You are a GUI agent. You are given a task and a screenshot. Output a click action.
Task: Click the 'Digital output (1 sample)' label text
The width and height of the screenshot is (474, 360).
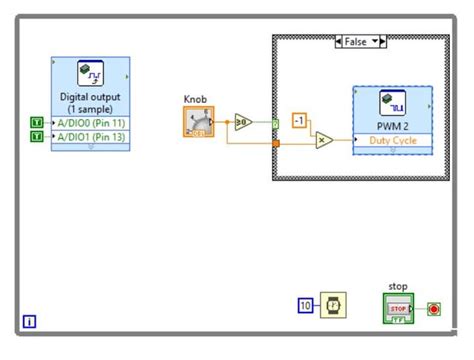pyautogui.click(x=90, y=104)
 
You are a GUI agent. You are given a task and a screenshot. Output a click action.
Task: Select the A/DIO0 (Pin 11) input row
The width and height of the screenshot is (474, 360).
pyautogui.click(x=90, y=122)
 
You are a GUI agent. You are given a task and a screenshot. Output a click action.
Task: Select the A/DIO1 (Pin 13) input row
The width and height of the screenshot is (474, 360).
pyautogui.click(x=90, y=137)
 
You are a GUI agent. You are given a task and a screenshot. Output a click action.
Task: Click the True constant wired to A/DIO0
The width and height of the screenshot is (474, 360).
pyautogui.click(x=37, y=122)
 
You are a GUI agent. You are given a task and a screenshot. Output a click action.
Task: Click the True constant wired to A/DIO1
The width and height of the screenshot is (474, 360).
pyautogui.click(x=37, y=137)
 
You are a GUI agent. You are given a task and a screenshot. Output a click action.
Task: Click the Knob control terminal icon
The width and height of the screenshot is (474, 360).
pyautogui.click(x=198, y=122)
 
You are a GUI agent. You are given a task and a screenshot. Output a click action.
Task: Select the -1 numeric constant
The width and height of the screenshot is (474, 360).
pyautogui.click(x=298, y=121)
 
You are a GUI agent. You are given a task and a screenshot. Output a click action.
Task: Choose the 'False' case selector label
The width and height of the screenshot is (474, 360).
pyautogui.click(x=359, y=43)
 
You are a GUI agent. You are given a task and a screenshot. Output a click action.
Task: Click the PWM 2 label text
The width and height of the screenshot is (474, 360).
pyautogui.click(x=392, y=126)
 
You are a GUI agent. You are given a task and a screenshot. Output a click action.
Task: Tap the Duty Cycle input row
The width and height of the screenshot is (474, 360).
pyautogui.click(x=392, y=141)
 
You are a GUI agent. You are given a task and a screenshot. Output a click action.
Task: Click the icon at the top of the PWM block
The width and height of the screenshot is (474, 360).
pyautogui.click(x=392, y=104)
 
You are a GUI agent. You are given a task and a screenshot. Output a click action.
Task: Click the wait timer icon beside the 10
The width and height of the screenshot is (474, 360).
pyautogui.click(x=333, y=305)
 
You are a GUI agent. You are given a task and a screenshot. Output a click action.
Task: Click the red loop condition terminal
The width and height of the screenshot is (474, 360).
pyautogui.click(x=434, y=308)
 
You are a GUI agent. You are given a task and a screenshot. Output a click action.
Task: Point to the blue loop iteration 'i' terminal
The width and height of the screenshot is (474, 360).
pyautogui.click(x=29, y=322)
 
